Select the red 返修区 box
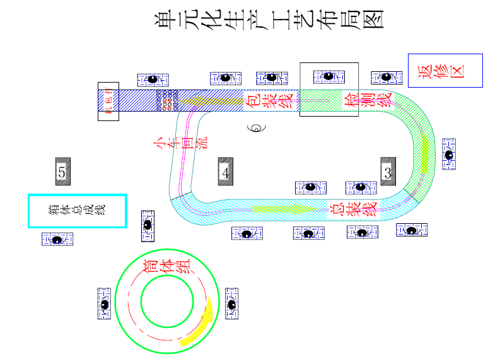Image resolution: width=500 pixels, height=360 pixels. pyautogui.click(x=445, y=70)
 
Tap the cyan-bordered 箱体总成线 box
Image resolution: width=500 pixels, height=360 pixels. pyautogui.click(x=77, y=211)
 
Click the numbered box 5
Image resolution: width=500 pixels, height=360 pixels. pyautogui.click(x=62, y=171)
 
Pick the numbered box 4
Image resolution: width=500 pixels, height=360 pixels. pyautogui.click(x=226, y=171)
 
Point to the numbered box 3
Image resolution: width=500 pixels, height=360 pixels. pyautogui.click(x=388, y=171)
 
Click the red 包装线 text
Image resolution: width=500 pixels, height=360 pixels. pyautogui.click(x=269, y=100)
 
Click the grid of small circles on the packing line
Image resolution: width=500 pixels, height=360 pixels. pyautogui.click(x=168, y=100)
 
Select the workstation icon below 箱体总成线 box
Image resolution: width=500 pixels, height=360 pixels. pyautogui.click(x=57, y=239)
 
